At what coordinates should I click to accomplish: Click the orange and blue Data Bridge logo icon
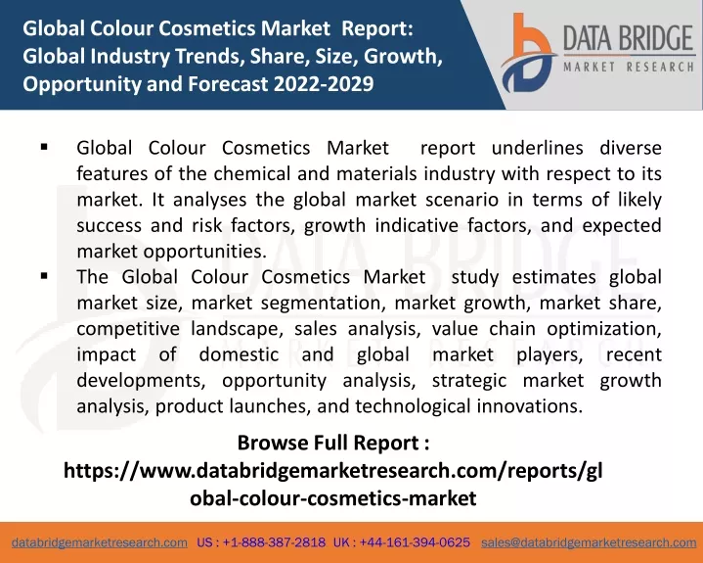click(x=528, y=53)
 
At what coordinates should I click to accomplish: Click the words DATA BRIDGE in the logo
click(x=628, y=38)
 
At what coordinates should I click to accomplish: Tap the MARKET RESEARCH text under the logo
click(x=629, y=68)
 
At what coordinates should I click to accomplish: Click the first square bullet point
click(x=44, y=146)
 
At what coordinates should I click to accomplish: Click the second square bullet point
click(x=44, y=276)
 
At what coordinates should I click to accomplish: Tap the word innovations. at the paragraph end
click(x=530, y=406)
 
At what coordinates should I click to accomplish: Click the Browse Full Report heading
click(x=333, y=444)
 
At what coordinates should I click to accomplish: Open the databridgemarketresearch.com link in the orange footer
click(x=100, y=542)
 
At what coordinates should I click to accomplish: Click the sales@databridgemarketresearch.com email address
click(x=589, y=542)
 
